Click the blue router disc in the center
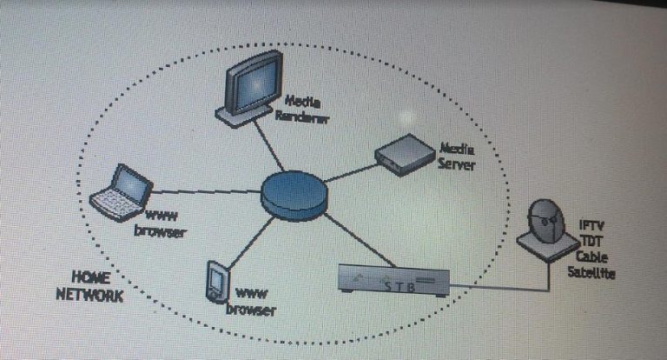click(294, 195)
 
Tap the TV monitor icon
click(250, 89)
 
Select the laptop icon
click(122, 192)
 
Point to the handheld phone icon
click(218, 282)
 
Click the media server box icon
click(405, 155)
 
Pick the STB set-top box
click(393, 280)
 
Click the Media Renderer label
click(302, 109)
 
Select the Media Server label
click(457, 157)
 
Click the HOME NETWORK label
click(90, 286)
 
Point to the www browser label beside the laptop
click(161, 224)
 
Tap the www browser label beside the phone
click(251, 302)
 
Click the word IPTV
click(591, 225)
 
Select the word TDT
click(591, 241)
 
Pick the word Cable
click(591, 257)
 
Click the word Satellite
click(591, 272)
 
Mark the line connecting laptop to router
click(207, 191)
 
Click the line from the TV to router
click(269, 144)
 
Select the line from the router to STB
click(360, 240)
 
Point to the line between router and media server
click(351, 173)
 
